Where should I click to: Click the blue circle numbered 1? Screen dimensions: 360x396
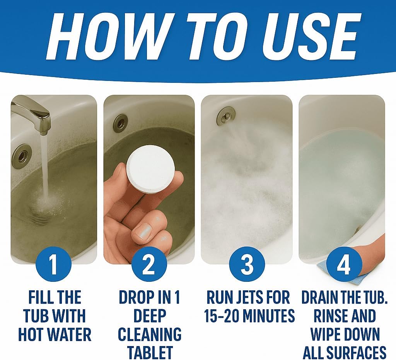54,267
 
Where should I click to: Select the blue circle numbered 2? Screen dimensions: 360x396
149,267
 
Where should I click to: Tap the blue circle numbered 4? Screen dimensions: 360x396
344,267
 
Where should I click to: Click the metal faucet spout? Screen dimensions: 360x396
33,114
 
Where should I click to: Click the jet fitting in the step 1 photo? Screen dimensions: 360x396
21,156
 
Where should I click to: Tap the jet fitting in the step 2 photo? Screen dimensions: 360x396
120,123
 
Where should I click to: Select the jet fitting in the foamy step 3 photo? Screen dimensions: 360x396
225,115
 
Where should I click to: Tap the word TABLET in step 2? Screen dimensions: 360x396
150,352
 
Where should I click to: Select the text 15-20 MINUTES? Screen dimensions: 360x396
249,315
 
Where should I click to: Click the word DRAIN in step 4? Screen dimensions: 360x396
321,297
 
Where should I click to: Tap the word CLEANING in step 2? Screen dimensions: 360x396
150,334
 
